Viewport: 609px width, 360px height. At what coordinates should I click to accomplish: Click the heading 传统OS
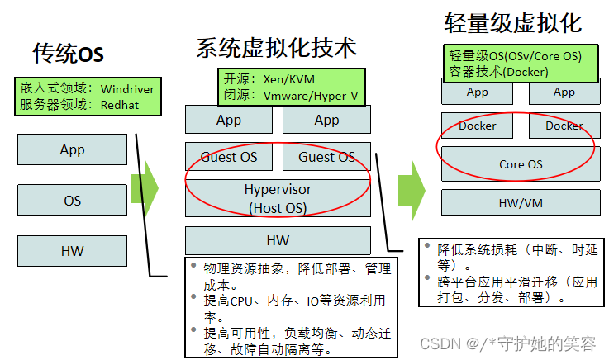pos(69,54)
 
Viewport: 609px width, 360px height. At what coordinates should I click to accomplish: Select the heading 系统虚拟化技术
pos(276,47)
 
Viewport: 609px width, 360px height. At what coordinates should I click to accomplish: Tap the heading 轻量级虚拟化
pos(513,22)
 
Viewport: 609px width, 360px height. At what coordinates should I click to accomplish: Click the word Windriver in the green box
pos(127,88)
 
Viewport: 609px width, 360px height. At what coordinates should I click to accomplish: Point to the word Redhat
pos(121,105)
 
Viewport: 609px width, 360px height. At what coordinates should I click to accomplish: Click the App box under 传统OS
pos(72,149)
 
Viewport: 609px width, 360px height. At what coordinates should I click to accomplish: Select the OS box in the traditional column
pos(72,201)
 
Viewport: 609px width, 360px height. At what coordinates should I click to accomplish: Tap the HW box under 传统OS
pos(72,251)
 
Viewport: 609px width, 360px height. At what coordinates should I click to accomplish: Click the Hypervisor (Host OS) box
pos(278,199)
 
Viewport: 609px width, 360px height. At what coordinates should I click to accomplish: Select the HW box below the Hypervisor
pos(278,240)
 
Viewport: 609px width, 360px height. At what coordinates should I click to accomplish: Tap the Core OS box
pos(521,164)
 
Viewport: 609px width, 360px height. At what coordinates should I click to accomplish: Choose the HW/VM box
pos(521,201)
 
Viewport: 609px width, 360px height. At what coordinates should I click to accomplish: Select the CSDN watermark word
pos(440,342)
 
